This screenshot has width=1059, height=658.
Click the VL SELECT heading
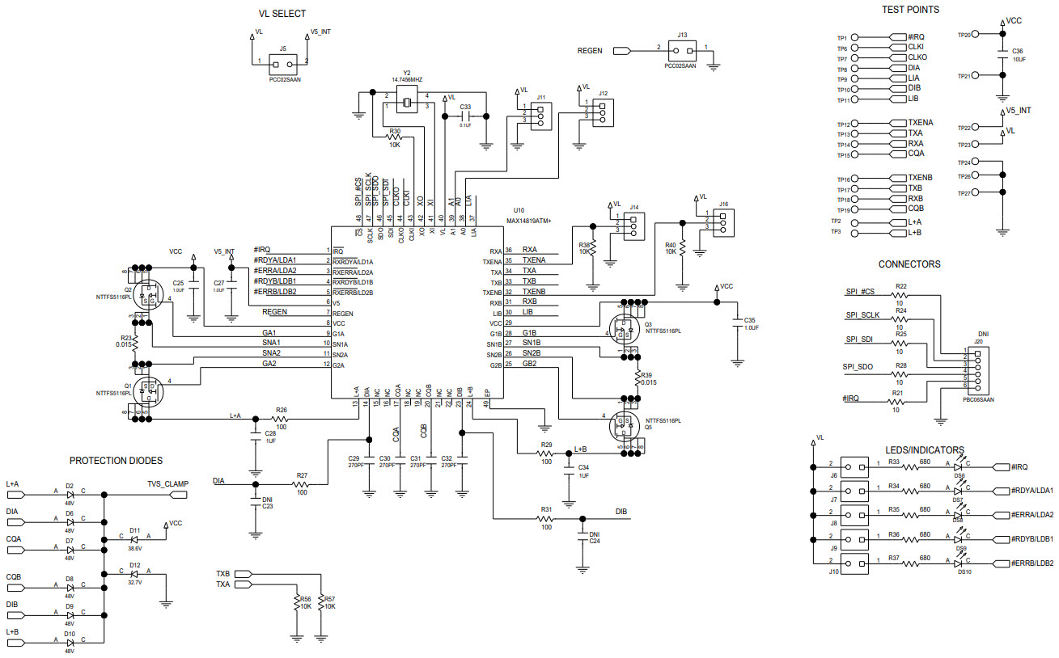point(282,14)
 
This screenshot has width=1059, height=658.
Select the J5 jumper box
point(282,61)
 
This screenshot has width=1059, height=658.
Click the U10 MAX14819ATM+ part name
point(528,221)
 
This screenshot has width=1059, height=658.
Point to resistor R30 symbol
point(395,137)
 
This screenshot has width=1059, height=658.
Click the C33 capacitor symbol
point(465,116)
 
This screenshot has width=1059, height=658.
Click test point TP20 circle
point(976,35)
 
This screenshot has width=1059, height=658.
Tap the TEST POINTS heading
point(910,10)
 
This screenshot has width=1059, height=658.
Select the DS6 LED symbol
point(959,466)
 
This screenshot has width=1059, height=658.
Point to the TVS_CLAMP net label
point(167,484)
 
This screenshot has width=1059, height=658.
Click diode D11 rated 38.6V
point(134,539)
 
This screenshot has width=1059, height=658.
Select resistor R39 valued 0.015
point(636,378)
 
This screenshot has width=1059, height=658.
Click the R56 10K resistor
point(295,603)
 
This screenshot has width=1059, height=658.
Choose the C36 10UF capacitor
point(1003,56)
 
